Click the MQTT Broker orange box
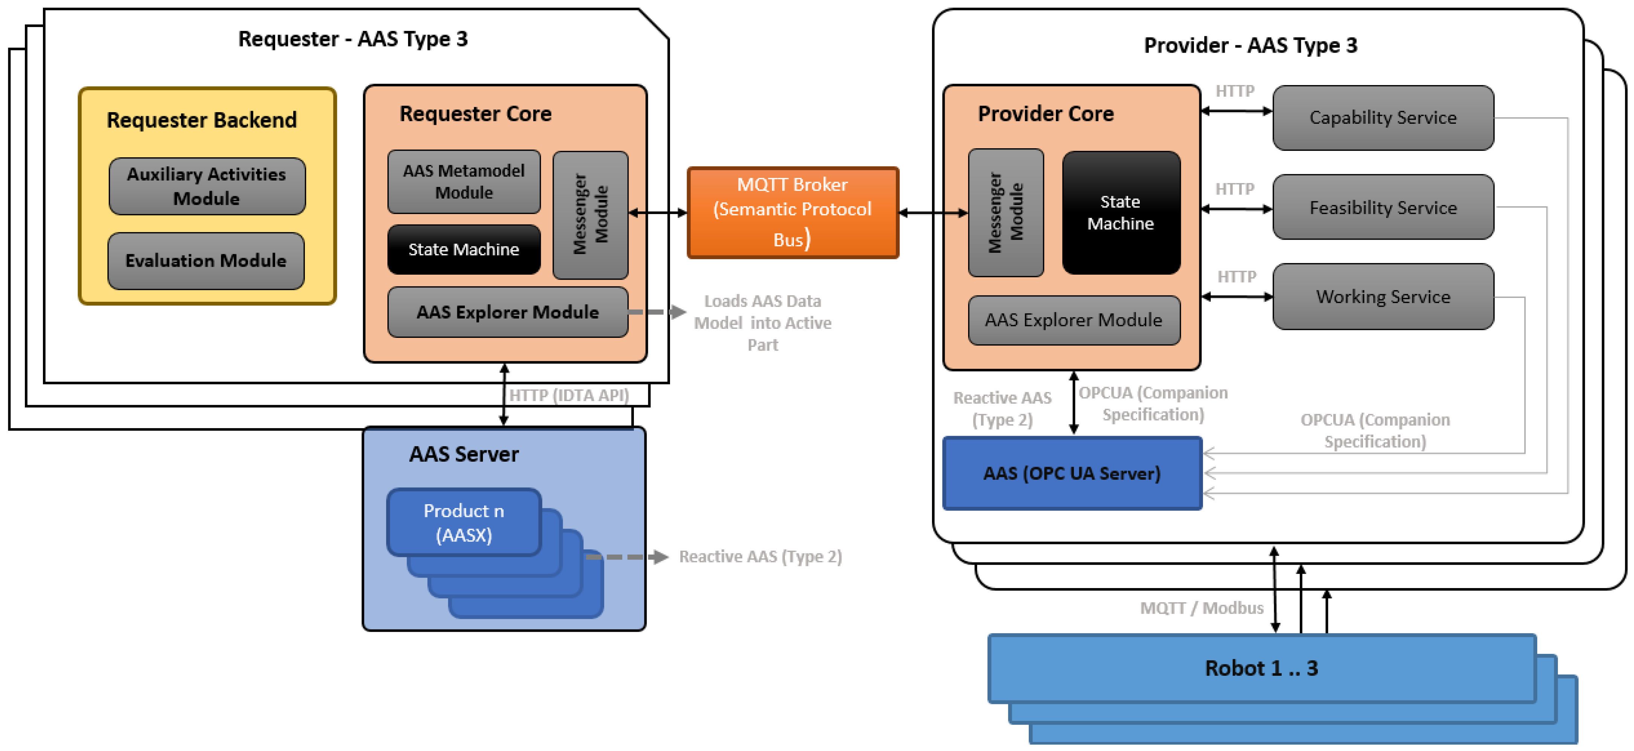pos(793,213)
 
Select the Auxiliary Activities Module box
pos(207,186)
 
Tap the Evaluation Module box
pos(206,261)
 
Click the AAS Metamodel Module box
pos(464,181)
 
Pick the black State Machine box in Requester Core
pos(464,249)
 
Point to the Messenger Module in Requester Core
pos(591,215)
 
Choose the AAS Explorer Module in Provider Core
pos(1074,320)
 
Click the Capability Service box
pos(1383,118)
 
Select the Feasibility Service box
pos(1383,207)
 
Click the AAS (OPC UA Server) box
pos(1072,473)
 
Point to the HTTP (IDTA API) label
pos(569,395)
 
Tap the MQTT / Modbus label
pos(1202,608)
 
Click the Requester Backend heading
pos(202,120)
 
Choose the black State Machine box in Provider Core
pos(1121,213)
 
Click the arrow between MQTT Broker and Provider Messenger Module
pos(934,213)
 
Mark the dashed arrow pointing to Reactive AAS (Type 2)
pos(627,557)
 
